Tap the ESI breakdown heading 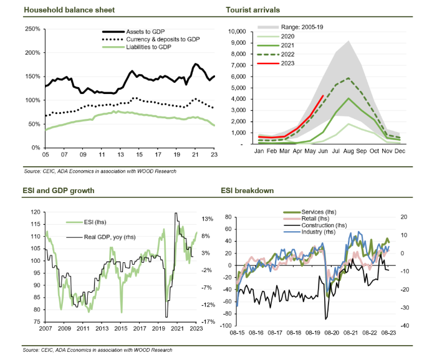(249, 190)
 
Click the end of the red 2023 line (323, 95)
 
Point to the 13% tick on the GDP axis (209, 219)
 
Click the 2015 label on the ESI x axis (121, 328)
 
